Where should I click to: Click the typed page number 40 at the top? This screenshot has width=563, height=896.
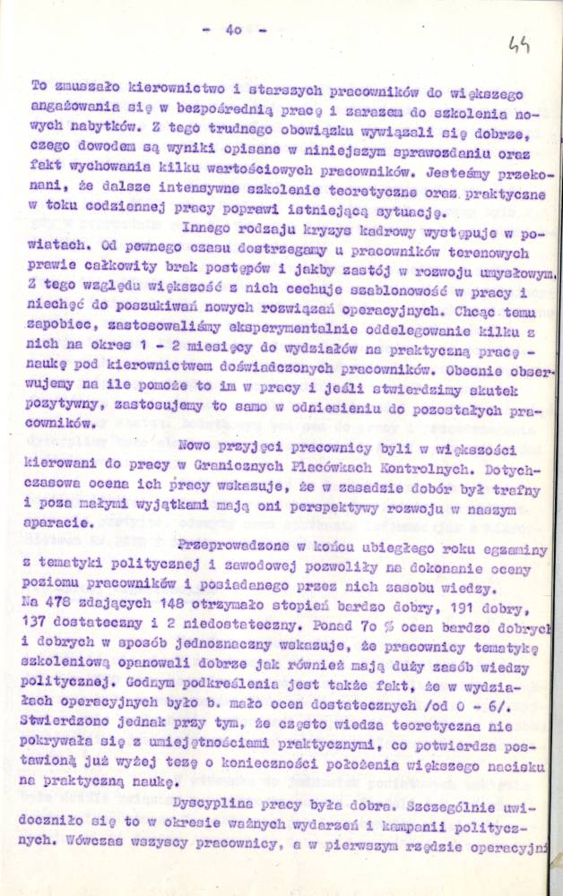point(235,30)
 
